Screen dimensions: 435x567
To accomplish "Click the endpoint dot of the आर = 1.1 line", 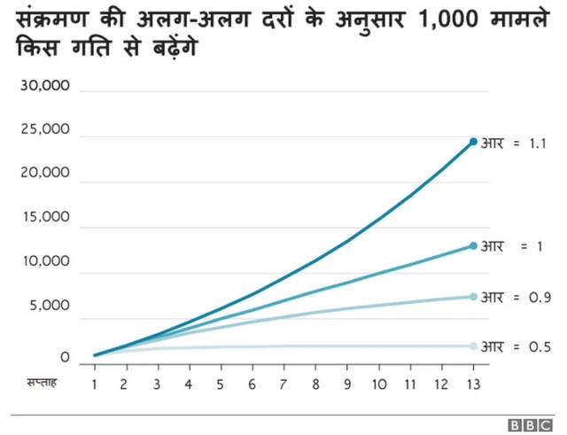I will point(473,142).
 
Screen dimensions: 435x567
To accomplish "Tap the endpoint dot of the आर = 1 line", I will point(473,245).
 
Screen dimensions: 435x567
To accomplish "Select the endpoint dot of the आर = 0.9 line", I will point(473,296).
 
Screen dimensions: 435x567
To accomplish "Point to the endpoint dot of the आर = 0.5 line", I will point(473,346).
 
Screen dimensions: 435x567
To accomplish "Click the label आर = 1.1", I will point(516,143).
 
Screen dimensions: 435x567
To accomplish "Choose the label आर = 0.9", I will point(516,297).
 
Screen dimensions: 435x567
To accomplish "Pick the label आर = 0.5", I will point(516,346).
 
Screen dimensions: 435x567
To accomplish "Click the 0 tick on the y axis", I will point(66,358).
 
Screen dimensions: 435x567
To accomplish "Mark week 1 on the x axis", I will point(94,385).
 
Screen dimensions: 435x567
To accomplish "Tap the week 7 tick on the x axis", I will point(283,385).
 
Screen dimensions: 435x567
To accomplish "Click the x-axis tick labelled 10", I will point(378,385).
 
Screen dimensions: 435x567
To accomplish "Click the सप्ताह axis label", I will point(41,384).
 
